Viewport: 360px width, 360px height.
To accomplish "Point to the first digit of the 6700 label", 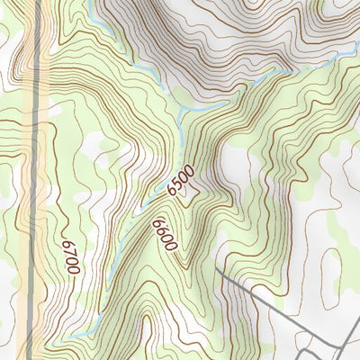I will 67,243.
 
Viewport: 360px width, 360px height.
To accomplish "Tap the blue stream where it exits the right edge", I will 357,56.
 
